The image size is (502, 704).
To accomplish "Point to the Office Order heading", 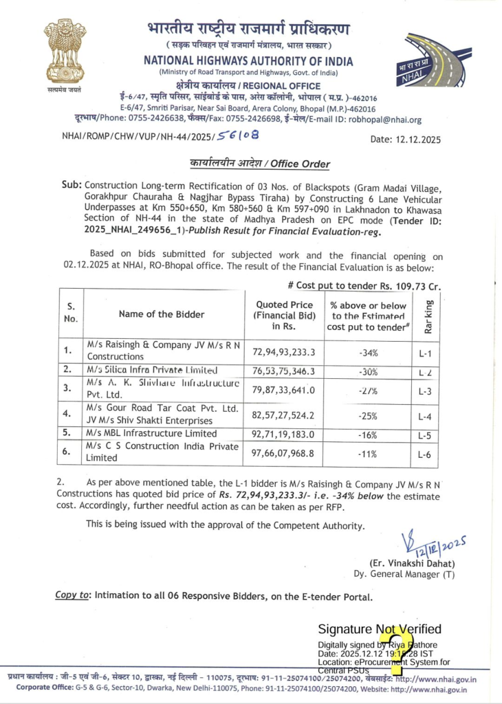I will pyautogui.click(x=260, y=164).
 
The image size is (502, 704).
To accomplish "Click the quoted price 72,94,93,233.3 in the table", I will pyautogui.click(x=284, y=351).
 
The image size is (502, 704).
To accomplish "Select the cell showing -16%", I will pyautogui.click(x=368, y=434).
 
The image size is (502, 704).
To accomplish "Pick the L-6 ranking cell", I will pyautogui.click(x=424, y=454).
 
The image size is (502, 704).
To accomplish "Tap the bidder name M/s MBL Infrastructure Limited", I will pyautogui.click(x=151, y=434).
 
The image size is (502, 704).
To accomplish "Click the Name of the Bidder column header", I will pyautogui.click(x=162, y=314).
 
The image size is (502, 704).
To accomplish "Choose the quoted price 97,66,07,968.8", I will pyautogui.click(x=284, y=453).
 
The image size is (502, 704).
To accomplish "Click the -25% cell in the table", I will pyautogui.click(x=368, y=415).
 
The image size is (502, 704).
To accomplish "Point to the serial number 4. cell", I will pyautogui.click(x=67, y=415).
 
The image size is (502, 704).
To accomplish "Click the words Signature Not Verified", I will pyautogui.click(x=380, y=629).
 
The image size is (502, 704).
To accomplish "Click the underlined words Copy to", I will pyautogui.click(x=72, y=595).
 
